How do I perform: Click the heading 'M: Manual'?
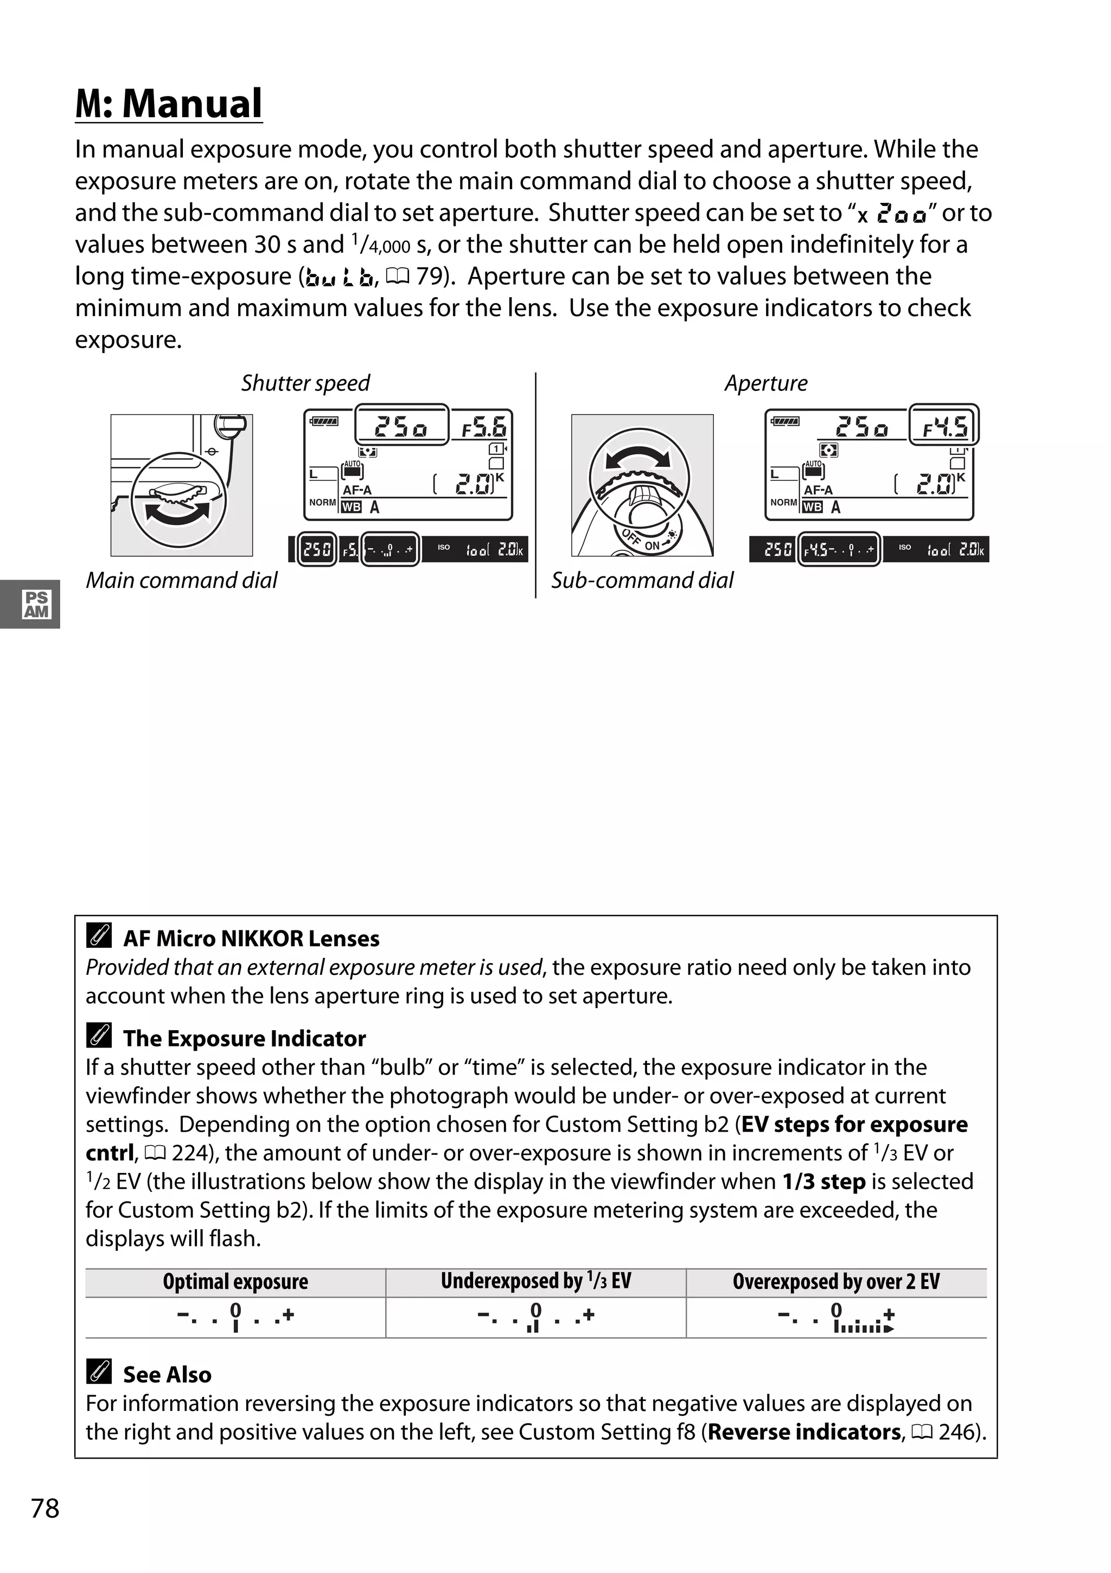169,104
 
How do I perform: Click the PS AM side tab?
36,604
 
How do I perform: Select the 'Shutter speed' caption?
305,383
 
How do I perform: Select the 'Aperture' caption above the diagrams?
765,383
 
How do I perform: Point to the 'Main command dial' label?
182,580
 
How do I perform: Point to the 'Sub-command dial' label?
642,580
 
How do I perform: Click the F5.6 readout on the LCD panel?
484,428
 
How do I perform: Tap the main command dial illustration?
182,485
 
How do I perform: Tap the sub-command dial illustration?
642,485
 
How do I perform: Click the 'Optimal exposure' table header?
235,1282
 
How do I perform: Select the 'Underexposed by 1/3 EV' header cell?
535,1281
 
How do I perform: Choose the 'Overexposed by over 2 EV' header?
835,1282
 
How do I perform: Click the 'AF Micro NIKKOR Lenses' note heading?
251,939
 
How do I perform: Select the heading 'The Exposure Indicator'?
244,1038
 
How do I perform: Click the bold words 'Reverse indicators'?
804,1433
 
